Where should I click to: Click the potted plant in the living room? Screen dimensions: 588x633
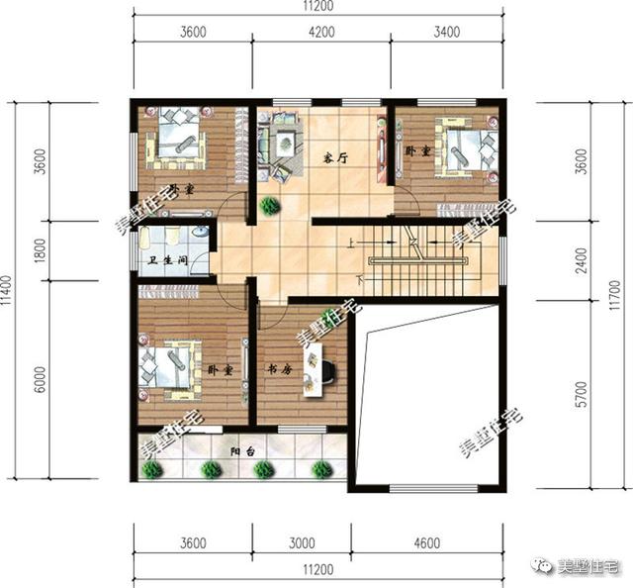[269, 206]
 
